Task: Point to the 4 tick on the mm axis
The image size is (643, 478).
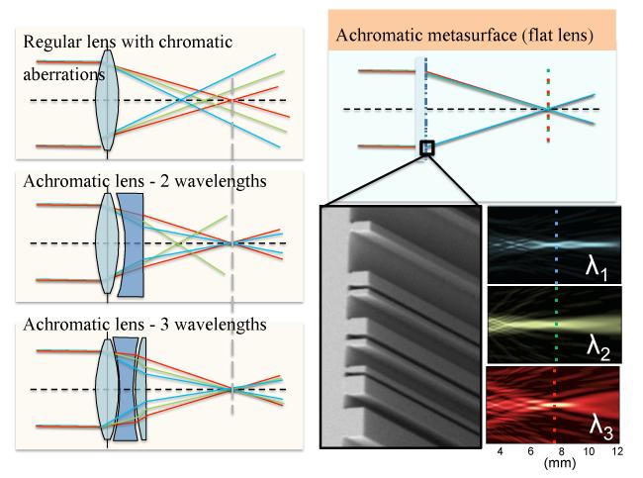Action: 500,452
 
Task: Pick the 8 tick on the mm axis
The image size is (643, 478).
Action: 560,452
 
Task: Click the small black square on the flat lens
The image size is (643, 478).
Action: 427,149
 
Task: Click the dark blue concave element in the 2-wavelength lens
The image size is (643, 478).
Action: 131,243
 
